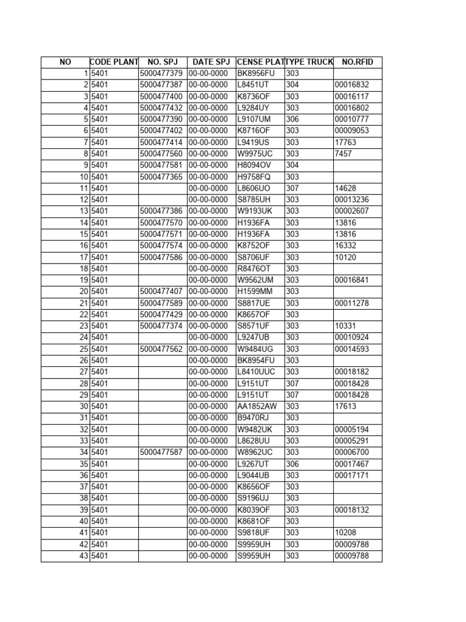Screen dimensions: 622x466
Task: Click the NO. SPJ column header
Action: [x=163, y=62]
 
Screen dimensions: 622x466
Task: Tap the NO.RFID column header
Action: [x=357, y=62]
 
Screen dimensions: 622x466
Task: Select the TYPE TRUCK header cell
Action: [x=309, y=62]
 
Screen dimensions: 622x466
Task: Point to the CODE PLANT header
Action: [x=114, y=62]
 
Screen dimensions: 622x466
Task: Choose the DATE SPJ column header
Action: [x=211, y=62]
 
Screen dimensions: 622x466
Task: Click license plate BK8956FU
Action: [x=255, y=73]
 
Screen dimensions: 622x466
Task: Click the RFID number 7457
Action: [x=343, y=154]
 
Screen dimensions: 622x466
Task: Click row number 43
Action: [x=84, y=556]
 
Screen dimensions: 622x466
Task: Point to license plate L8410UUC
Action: [x=257, y=372]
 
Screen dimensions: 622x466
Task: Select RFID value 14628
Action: [x=345, y=188]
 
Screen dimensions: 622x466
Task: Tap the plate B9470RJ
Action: [x=254, y=418]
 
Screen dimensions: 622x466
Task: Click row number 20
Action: [x=84, y=292]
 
